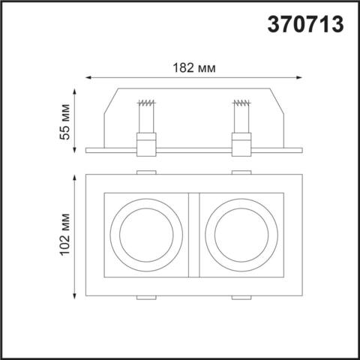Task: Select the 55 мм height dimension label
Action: [66, 121]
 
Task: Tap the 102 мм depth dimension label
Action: [66, 236]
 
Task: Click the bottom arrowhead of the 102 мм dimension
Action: [76, 294]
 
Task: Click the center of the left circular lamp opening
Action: [145, 235]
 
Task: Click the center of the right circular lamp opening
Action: [241, 235]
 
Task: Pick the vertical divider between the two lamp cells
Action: [193, 235]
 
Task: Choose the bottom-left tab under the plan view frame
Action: [145, 298]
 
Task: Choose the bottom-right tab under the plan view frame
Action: [241, 298]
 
